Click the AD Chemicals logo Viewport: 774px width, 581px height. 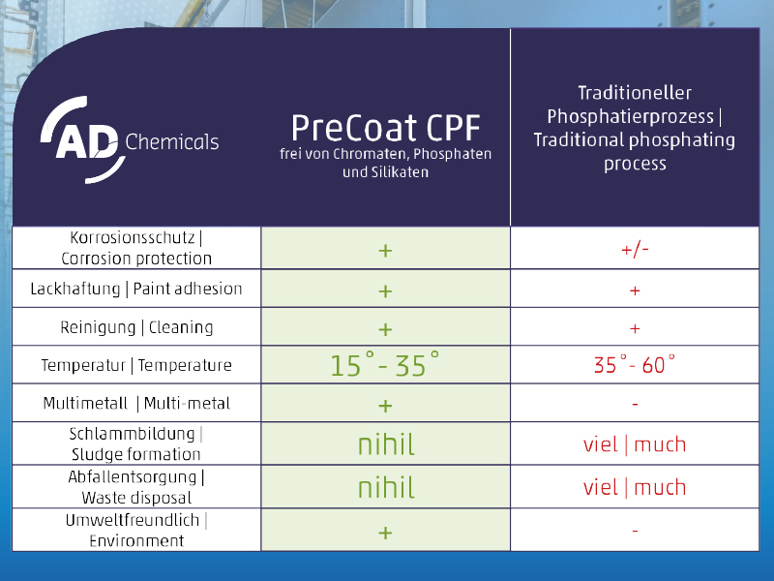point(130,140)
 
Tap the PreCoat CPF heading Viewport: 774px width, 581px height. point(385,128)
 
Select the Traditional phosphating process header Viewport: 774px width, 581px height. point(635,128)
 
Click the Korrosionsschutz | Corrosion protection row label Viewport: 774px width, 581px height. point(136,248)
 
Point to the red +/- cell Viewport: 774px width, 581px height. point(635,250)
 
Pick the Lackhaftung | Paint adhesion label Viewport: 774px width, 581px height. point(136,289)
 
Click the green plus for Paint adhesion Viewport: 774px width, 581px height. point(385,291)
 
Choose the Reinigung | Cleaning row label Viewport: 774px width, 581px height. point(136,327)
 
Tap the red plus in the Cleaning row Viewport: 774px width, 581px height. point(635,328)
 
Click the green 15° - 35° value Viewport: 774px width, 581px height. point(384,365)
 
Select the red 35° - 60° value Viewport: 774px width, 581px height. point(635,365)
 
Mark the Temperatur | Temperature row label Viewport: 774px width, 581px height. point(136,365)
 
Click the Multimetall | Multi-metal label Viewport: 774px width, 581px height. point(136,403)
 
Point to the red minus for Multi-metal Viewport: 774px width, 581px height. point(635,405)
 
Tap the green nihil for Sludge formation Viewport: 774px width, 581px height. point(386,444)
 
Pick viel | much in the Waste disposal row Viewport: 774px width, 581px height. point(635,487)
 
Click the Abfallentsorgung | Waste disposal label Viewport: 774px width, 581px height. point(136,487)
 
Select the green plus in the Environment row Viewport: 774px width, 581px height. point(385,533)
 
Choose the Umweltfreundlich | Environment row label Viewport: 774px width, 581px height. point(136,530)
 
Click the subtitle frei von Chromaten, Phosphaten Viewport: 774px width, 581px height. point(385,154)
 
